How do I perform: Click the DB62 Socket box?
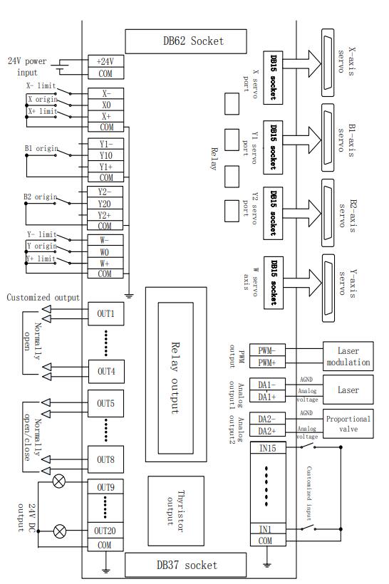[185, 41]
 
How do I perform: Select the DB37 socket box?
[185, 565]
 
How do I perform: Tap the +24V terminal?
[105, 61]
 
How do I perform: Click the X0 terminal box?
[105, 105]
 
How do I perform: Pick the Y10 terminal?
[105, 155]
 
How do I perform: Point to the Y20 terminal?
[105, 204]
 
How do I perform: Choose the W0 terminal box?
[105, 252]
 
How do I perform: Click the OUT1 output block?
[106, 313]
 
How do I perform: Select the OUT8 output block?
[105, 459]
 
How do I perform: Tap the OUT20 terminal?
[105, 531]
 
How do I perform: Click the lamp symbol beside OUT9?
[59, 481]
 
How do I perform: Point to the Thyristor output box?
[176, 511]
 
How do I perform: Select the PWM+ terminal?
[267, 362]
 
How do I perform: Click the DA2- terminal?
[267, 419]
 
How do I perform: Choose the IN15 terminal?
[268, 448]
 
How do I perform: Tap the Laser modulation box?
[348, 356]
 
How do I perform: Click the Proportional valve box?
[348, 424]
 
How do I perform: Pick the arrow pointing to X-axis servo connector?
[302, 63]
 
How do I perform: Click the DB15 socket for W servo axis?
[273, 283]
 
